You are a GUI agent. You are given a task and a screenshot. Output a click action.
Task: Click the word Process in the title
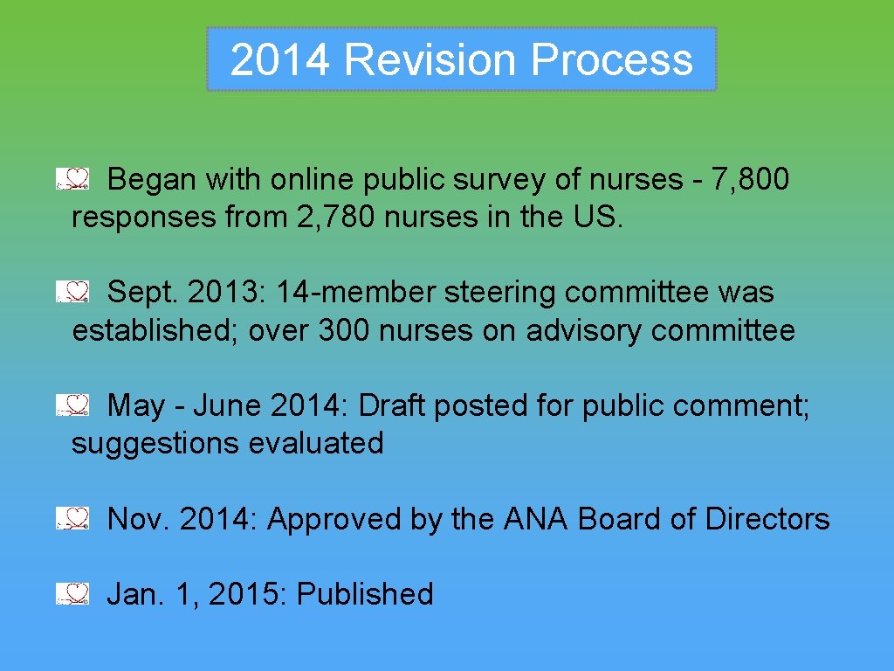pos(611,60)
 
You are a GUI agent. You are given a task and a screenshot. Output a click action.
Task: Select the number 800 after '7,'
pos(760,180)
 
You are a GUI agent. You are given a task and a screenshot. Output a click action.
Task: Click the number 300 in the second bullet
pos(345,331)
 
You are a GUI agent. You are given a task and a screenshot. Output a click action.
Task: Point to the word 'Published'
pos(365,594)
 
